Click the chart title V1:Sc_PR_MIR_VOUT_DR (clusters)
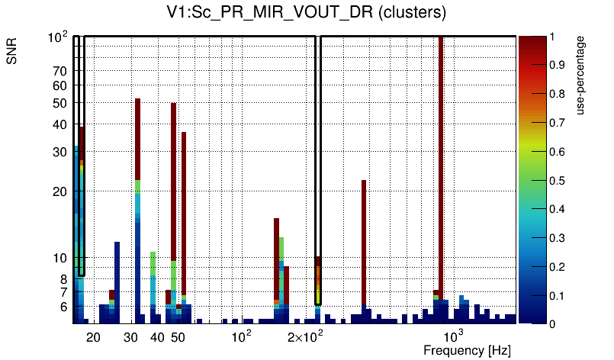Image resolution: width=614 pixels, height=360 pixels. (x=306, y=13)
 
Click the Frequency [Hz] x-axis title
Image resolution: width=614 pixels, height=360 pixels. (x=467, y=350)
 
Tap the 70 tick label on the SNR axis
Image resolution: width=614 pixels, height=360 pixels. (x=59, y=71)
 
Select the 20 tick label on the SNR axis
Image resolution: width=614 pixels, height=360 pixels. (x=59, y=191)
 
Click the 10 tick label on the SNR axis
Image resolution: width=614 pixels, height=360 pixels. (x=59, y=258)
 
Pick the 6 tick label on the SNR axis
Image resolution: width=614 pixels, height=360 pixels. (x=63, y=307)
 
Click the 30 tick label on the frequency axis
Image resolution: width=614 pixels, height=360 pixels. (x=130, y=337)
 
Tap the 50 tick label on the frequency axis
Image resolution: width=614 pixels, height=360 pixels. (x=177, y=337)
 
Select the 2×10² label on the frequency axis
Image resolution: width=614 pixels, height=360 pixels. (x=307, y=336)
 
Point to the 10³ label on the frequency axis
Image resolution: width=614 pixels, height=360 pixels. (x=454, y=336)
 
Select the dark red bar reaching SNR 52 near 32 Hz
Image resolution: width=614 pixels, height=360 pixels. (x=138, y=137)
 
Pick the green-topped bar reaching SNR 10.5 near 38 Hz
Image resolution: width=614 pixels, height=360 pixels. (x=153, y=263)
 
